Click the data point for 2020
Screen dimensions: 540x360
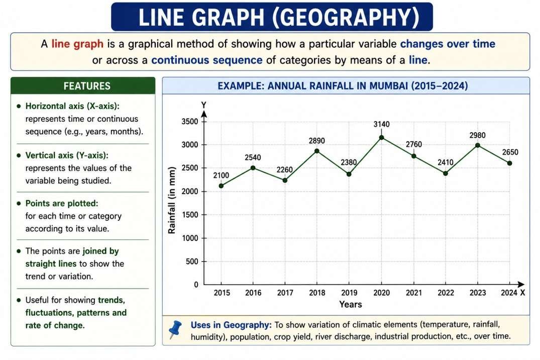(381, 138)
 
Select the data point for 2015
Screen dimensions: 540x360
(221, 186)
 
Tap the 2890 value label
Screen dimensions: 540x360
(316, 141)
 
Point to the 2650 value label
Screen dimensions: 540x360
(510, 152)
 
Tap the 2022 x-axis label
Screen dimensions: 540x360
(446, 293)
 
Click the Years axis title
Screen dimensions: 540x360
(351, 304)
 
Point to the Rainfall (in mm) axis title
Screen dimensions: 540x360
(171, 200)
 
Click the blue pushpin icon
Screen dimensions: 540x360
(175, 329)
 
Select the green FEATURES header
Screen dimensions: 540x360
(83, 85)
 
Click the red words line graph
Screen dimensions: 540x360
(77, 44)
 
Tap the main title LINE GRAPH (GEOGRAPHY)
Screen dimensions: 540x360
(272, 17)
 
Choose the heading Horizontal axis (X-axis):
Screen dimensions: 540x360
(72, 106)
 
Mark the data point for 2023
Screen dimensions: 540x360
(477, 145)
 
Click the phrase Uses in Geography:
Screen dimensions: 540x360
(231, 325)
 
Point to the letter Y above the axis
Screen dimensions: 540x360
(204, 105)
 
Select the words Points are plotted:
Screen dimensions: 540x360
(62, 203)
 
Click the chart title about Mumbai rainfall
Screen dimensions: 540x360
(343, 85)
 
